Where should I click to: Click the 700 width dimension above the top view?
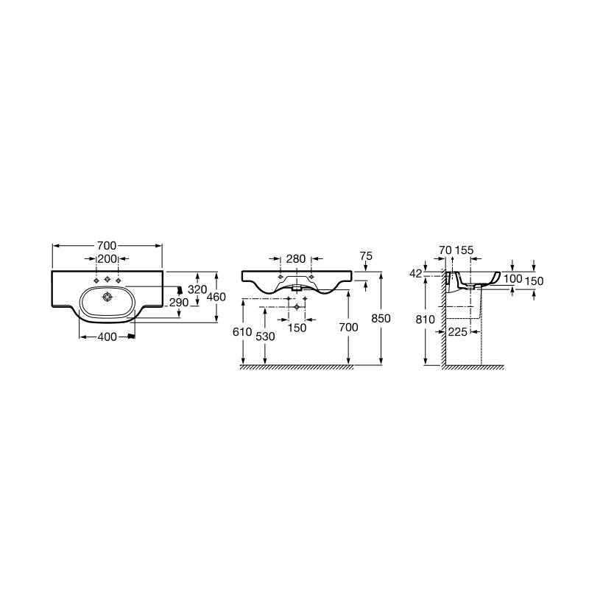[107, 246]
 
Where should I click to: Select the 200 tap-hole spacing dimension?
[107, 259]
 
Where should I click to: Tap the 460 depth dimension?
[216, 297]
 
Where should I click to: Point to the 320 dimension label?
[197, 289]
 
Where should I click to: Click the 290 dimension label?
[179, 303]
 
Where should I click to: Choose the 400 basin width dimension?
[107, 337]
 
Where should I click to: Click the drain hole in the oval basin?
[107, 297]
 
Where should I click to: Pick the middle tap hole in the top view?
[107, 279]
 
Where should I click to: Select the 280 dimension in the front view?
[296, 259]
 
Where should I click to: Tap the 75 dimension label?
[366, 255]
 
